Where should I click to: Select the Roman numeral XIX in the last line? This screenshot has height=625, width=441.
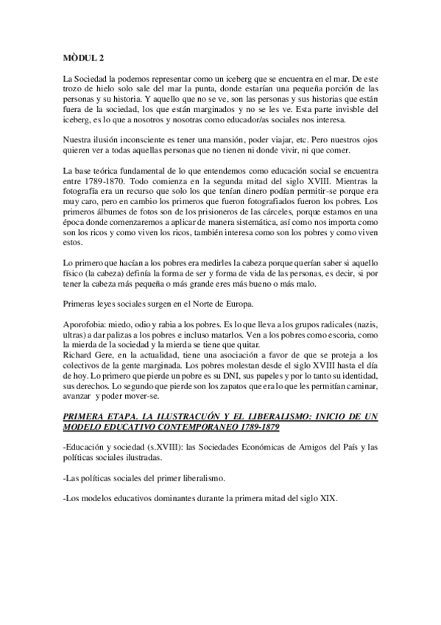(326, 499)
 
